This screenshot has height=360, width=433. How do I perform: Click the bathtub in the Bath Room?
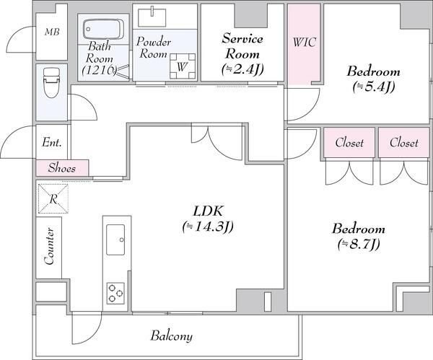pos(103,29)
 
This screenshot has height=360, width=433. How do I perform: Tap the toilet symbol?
pos(51,82)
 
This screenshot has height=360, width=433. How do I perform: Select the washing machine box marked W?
pos(183,66)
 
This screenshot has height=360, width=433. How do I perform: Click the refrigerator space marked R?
pos(53,198)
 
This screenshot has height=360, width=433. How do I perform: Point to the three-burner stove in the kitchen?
pos(115,293)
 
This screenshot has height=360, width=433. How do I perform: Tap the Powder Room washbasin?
pos(152,17)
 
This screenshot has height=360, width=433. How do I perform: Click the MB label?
pos(52,32)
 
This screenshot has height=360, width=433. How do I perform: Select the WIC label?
pos(304,43)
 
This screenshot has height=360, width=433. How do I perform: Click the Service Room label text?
pos(242,46)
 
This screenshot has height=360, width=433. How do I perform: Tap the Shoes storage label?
pos(62,167)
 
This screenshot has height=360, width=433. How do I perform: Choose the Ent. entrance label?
pos(52,142)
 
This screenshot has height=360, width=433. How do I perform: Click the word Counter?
pos(49,246)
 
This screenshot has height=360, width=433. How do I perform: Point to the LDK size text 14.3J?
pos(208,227)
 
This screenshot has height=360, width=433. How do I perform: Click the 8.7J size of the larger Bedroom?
pos(359,244)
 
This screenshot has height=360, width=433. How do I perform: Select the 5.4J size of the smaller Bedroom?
pos(374,87)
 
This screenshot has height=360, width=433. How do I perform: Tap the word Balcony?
pos(172,336)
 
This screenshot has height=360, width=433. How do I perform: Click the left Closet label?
pos(349,143)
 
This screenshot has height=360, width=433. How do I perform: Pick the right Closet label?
pos(404,143)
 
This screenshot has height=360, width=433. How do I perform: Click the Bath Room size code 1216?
pos(99,70)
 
